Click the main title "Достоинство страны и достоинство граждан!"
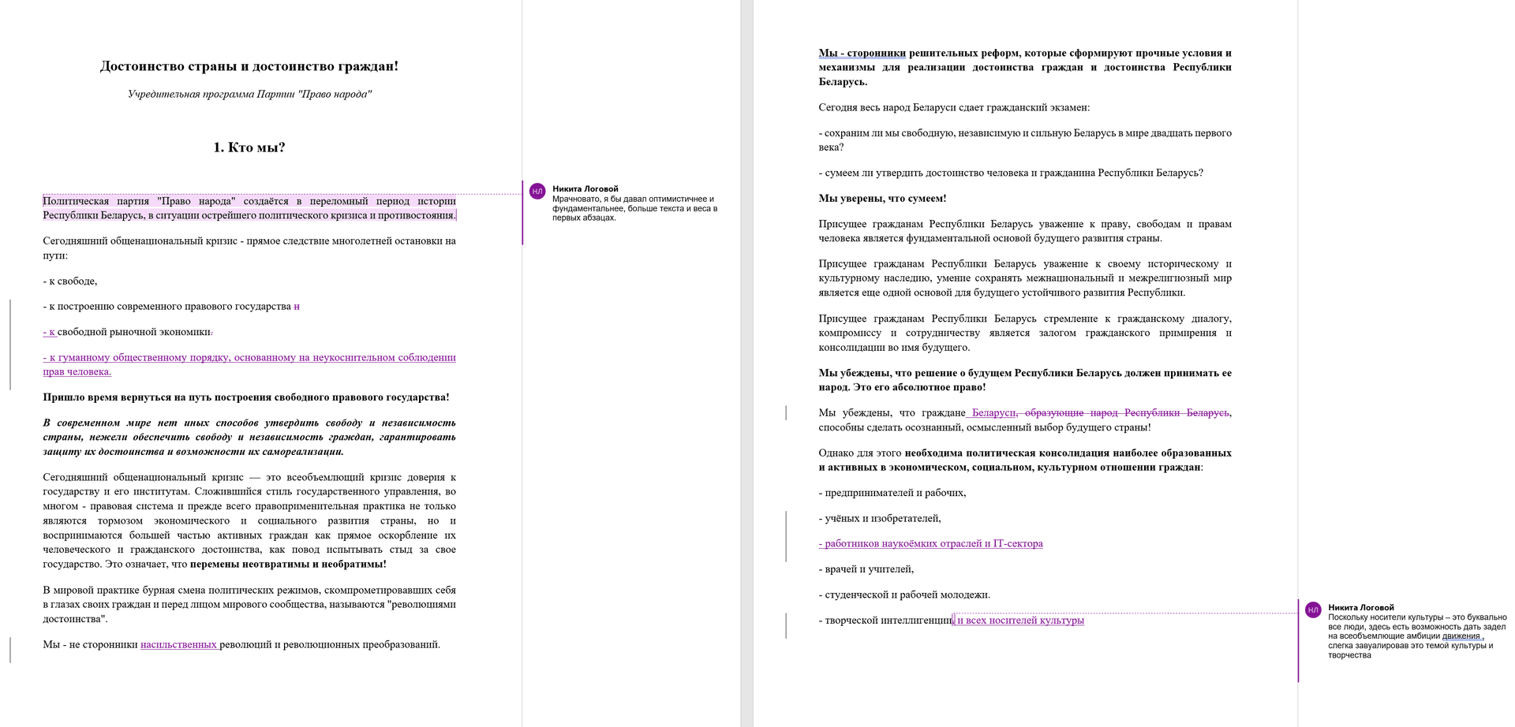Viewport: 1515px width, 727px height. tap(249, 66)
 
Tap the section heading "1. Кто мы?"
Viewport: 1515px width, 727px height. tap(249, 147)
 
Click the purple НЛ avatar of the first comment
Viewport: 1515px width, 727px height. tap(537, 192)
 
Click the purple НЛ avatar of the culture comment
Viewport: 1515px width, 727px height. tap(1313, 610)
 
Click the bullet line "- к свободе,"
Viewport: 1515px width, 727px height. tap(70, 281)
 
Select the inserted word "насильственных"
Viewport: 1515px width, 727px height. tap(178, 645)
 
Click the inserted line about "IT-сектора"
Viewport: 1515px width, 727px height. tap(931, 544)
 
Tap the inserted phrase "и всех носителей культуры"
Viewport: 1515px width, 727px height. tap(1019, 621)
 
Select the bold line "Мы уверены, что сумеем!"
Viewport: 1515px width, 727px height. tap(882, 199)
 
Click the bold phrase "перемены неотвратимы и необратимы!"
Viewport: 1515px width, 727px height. tap(288, 565)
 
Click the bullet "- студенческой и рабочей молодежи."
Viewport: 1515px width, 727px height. tap(904, 595)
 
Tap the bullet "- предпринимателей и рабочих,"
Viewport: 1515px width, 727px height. tap(892, 493)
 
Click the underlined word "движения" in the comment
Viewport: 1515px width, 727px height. tap(1461, 636)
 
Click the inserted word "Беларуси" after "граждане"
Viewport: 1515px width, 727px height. tap(993, 413)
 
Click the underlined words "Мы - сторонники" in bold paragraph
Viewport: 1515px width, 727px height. tap(862, 54)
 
